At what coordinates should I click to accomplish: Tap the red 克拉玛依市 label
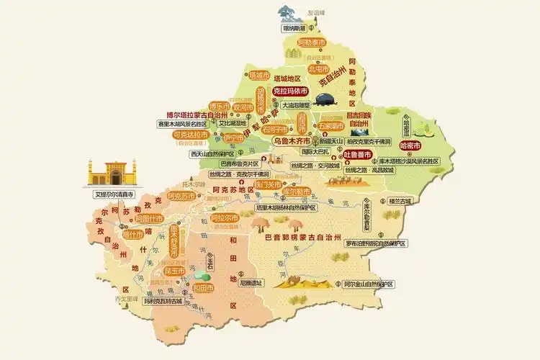tap(290, 91)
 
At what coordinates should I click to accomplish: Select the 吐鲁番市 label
tap(356, 154)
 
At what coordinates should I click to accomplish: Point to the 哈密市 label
tap(408, 145)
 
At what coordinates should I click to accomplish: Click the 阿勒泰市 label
tap(312, 42)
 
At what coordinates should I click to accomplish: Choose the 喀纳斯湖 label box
tap(294, 28)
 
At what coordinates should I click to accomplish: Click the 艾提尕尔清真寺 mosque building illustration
tap(110, 175)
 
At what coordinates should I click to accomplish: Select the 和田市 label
tap(203, 288)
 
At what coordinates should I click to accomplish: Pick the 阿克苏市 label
tap(181, 196)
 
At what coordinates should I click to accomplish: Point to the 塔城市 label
tap(259, 74)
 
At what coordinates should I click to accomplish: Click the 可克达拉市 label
tap(190, 134)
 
